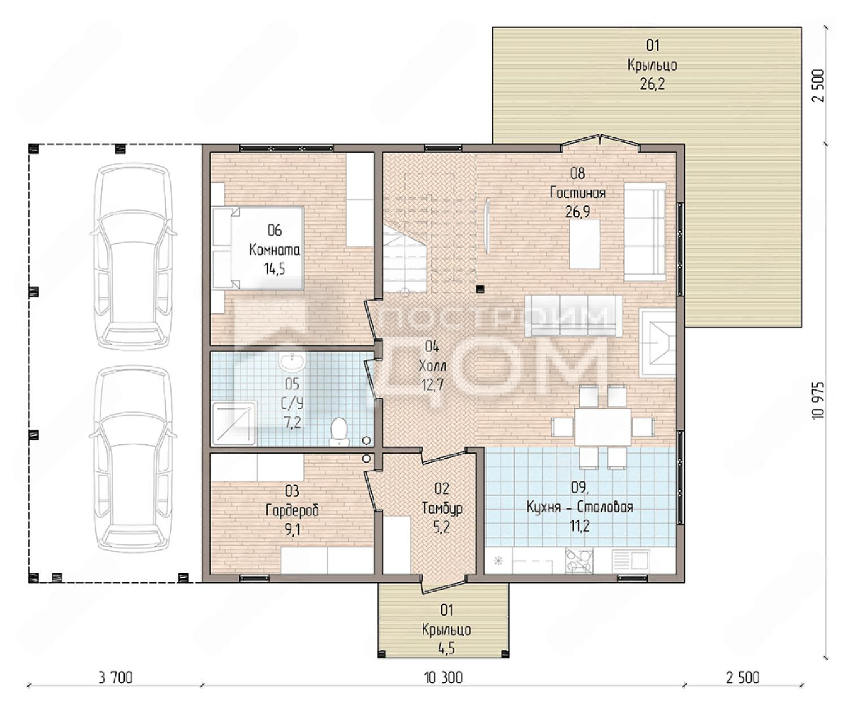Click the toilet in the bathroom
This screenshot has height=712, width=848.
coord(339,432)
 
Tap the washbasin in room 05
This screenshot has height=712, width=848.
coord(292,362)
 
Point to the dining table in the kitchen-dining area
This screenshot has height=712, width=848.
coord(602,427)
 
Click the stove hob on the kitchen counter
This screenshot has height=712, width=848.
coord(579,561)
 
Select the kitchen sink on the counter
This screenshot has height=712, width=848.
coord(630,560)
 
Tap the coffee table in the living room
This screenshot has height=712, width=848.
coord(585,244)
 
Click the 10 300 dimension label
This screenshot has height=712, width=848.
coord(443,678)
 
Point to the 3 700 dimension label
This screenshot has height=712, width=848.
coord(116,678)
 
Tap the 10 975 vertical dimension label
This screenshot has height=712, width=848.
coord(819,401)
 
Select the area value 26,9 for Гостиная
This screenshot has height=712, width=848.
coord(578,211)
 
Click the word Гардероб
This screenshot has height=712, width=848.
coord(292,510)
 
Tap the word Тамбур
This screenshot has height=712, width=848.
coord(442,508)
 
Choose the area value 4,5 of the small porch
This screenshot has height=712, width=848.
coord(447,649)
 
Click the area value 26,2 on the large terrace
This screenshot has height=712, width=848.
coord(652,84)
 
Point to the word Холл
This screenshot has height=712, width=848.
coord(432,366)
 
